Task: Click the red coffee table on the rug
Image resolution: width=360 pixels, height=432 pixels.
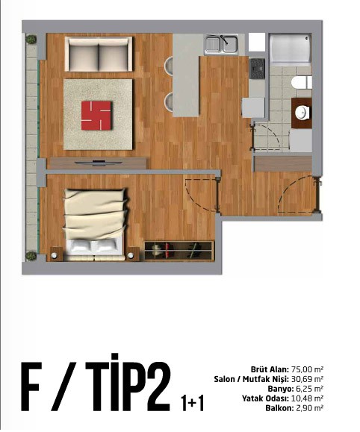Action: coord(97,114)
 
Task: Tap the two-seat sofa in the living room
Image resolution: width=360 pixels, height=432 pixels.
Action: coord(99,53)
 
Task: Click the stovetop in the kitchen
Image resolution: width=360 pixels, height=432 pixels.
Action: coord(257,67)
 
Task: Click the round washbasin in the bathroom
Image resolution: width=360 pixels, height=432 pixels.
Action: coord(302,113)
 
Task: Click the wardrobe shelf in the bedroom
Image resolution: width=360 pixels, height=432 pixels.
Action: coord(179,250)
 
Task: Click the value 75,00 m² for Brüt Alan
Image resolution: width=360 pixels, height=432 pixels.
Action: coord(307,369)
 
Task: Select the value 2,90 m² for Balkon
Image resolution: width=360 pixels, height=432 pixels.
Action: coord(308,408)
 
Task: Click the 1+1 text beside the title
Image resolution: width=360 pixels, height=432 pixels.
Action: coord(192,404)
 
